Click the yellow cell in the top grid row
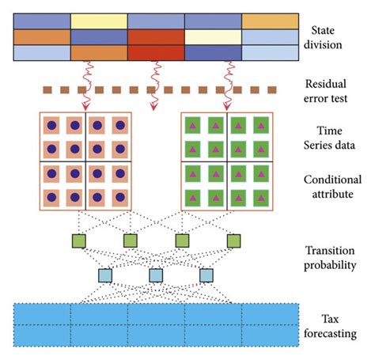(x=99, y=21)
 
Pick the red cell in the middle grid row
(x=156, y=37)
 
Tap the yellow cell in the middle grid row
(x=213, y=37)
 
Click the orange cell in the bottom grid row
(x=99, y=53)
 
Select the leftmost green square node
(x=79, y=240)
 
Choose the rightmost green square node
(x=233, y=240)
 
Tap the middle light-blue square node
(x=156, y=275)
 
